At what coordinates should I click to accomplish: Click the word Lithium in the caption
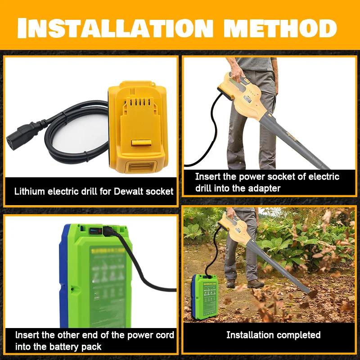pyautogui.click(x=29, y=191)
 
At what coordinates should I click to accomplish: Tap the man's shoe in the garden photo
pyautogui.click(x=255, y=283)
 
